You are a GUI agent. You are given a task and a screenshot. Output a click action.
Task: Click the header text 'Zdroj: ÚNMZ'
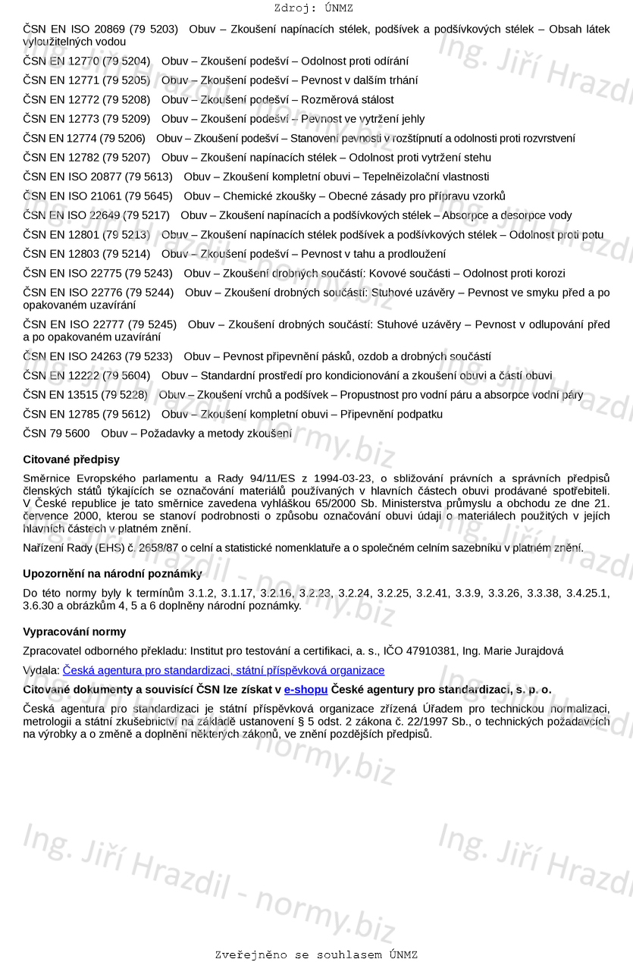pos(313,8)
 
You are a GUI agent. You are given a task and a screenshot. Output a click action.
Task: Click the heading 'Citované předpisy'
pos(71,459)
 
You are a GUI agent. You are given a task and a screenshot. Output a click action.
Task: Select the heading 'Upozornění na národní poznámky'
pos(112,573)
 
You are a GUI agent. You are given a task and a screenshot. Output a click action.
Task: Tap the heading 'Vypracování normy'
pos(74,631)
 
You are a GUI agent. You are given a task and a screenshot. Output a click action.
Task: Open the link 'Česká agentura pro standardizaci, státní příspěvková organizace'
pos(224,670)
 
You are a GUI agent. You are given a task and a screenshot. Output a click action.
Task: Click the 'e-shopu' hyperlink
pos(306,689)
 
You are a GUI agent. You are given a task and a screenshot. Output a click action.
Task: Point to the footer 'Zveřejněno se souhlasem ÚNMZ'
pos(316,954)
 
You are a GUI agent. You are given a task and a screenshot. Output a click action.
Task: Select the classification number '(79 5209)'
pos(126,119)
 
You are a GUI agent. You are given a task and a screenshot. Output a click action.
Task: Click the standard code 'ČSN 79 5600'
pos(56,434)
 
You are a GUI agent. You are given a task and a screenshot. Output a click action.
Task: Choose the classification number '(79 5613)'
pos(149,177)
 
